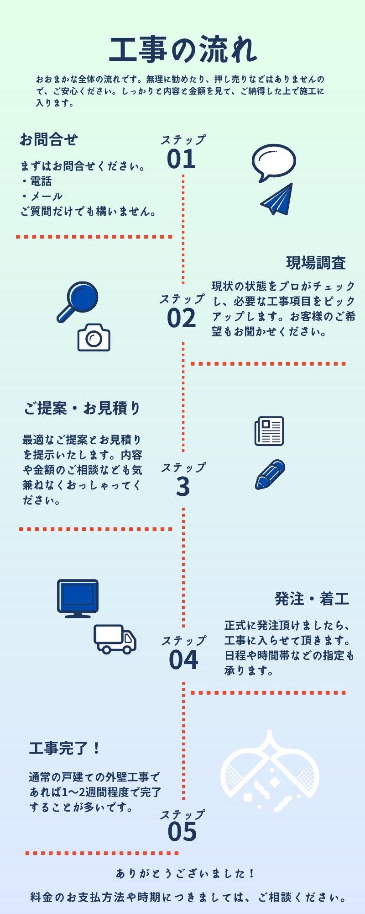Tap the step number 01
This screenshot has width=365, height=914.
181,159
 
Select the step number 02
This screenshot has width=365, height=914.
181,318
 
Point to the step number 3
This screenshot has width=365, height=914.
182,487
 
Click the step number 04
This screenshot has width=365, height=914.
183,660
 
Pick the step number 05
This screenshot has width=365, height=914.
182,831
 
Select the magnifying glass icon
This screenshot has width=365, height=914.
78,301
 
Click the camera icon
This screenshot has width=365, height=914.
94,338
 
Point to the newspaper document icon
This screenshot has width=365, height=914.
269,430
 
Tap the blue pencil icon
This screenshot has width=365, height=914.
270,474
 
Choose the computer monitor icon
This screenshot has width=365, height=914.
78,598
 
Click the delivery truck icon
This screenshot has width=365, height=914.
115,639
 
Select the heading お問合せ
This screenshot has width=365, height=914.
48,139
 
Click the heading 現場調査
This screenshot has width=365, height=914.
316,263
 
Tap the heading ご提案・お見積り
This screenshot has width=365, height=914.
82,408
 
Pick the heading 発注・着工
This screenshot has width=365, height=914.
312,599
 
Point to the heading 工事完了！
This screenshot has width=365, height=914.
64,749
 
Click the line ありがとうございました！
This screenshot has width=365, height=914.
184,874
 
